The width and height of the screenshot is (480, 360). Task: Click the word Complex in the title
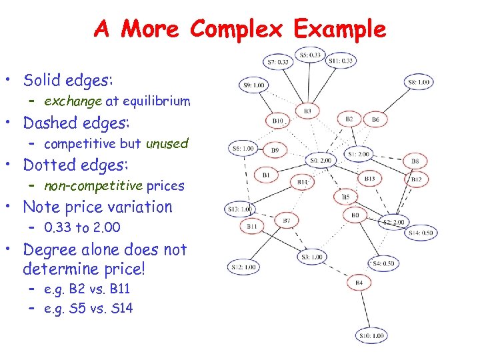(x=239, y=29)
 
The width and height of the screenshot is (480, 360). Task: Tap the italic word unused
(x=167, y=143)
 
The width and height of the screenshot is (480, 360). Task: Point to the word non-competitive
(x=93, y=185)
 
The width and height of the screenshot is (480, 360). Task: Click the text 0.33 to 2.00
(x=82, y=227)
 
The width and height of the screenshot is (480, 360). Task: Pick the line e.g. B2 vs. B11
(x=87, y=289)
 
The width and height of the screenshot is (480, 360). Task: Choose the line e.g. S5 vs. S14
(x=88, y=309)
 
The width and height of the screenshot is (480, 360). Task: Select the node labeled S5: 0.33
(x=310, y=55)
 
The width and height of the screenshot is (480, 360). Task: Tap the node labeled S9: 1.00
(x=253, y=85)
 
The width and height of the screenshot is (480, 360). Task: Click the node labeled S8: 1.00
(x=419, y=82)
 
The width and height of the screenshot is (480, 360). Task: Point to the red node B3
(x=307, y=111)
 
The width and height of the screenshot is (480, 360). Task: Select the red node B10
(x=278, y=121)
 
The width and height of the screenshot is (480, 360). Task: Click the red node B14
(x=303, y=181)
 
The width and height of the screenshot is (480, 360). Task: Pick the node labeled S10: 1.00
(x=371, y=336)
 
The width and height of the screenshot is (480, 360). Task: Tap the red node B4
(x=359, y=283)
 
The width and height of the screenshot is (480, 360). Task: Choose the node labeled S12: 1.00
(x=245, y=267)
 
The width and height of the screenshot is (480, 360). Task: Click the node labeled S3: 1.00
(x=311, y=257)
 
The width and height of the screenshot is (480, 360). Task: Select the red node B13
(x=370, y=179)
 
